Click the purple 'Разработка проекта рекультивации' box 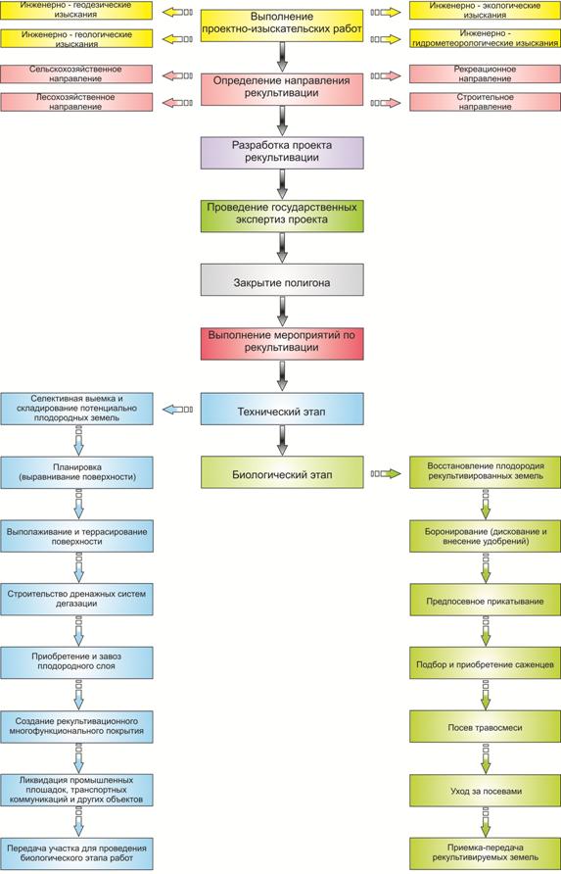coord(282,153)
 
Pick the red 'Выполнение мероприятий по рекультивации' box coord(282,343)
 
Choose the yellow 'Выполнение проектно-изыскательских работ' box coord(282,25)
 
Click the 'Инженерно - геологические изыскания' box coord(76,38)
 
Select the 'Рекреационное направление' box coord(485,73)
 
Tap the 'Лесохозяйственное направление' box coord(76,102)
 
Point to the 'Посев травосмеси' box coord(485,726)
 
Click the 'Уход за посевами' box coord(485,790)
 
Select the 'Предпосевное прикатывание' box coord(485,600)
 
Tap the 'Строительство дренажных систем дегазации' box coord(76,600)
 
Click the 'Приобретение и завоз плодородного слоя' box coord(76,662)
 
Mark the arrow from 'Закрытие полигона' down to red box coord(282,311)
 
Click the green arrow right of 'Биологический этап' coord(386,474)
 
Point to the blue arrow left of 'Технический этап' coord(178,410)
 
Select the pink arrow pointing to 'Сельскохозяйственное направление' coord(178,75)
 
